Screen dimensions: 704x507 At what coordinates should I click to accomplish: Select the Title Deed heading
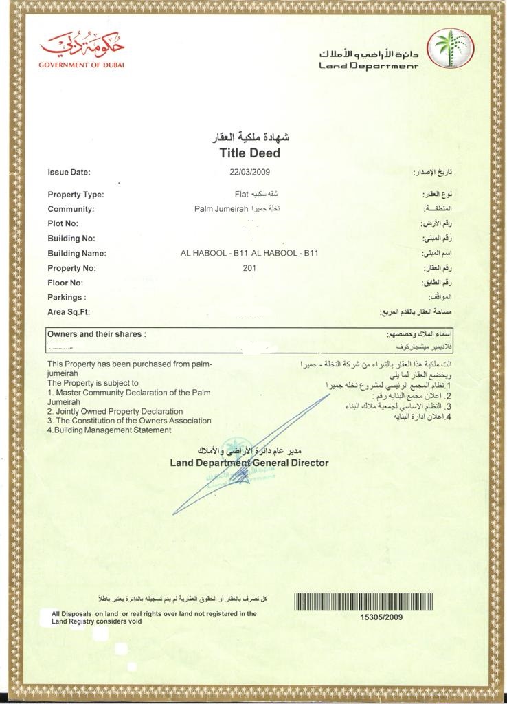249,153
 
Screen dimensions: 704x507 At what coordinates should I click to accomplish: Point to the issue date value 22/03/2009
249,172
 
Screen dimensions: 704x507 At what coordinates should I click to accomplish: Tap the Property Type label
76,195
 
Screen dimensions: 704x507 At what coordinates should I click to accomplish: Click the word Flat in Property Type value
240,194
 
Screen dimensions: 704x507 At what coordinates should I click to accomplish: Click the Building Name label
77,254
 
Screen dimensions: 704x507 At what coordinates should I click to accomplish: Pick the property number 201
249,268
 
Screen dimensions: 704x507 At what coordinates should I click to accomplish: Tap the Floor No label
65,283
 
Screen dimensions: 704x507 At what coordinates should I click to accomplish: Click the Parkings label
67,298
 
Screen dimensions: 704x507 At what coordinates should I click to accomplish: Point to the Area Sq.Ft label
69,312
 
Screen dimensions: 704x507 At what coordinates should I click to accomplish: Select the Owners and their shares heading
96,334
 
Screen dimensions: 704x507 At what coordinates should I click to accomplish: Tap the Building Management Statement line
109,430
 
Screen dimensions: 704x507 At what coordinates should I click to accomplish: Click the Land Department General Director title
249,463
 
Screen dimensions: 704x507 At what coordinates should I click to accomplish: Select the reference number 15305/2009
381,617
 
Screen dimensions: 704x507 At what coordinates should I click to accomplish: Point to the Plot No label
63,223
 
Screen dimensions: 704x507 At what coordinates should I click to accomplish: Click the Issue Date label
69,172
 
